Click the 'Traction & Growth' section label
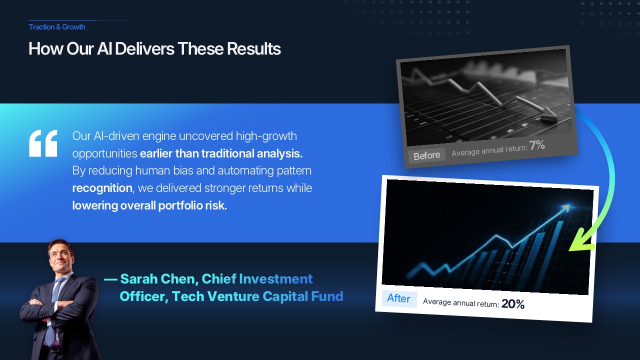coord(57,27)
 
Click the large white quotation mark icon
coord(43,143)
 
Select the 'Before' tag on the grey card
coord(427,155)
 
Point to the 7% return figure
coord(537,145)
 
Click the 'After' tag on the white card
coord(399,298)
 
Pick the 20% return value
coord(513,304)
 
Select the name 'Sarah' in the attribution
coord(139,279)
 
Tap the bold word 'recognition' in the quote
coord(102,188)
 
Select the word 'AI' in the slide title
coord(104,48)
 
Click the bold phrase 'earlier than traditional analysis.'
coord(221,153)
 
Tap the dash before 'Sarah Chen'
coord(110,279)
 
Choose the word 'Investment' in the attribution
coord(275,279)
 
